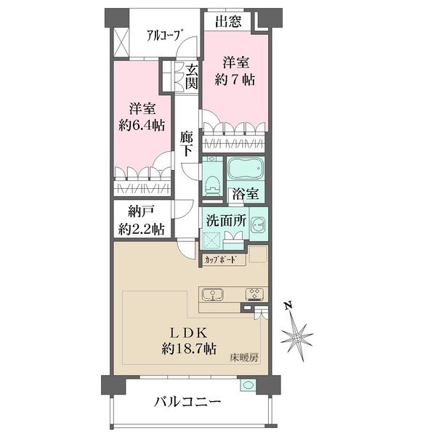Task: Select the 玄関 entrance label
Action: click(x=191, y=77)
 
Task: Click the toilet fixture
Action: click(x=211, y=184)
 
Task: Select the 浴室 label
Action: click(x=242, y=194)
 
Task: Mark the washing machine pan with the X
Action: click(x=212, y=238)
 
